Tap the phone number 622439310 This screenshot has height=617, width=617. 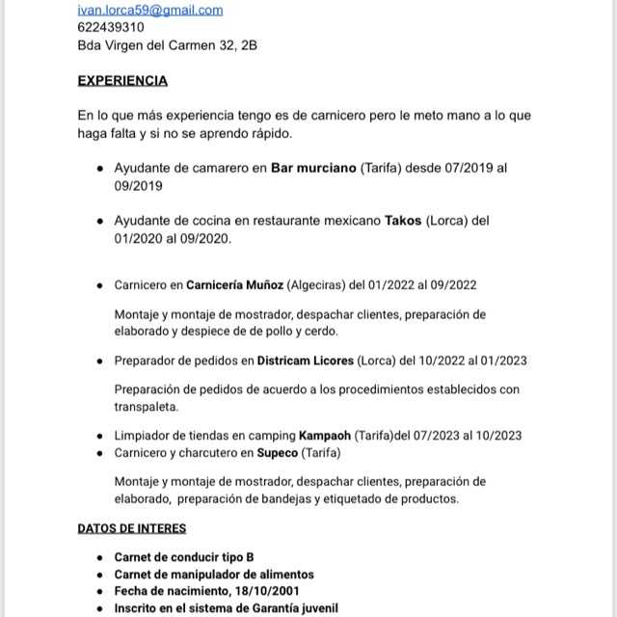(x=111, y=27)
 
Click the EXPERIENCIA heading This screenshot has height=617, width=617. (x=122, y=81)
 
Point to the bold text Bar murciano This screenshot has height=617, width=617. (x=313, y=169)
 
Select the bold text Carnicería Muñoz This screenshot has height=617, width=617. (x=234, y=285)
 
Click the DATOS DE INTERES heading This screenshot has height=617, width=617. (x=132, y=528)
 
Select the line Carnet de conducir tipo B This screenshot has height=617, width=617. (x=184, y=557)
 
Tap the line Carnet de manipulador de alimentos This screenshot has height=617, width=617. (x=214, y=575)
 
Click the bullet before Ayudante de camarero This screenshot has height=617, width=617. (x=101, y=169)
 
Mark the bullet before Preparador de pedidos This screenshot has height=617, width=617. (x=101, y=362)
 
